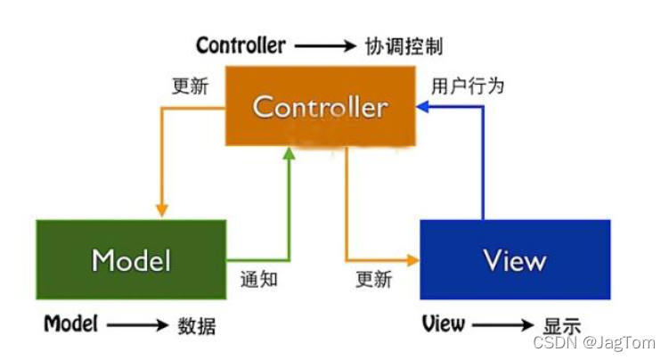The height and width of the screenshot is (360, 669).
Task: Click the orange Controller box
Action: [x=319, y=108]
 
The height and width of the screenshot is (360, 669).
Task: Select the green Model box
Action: [x=131, y=259]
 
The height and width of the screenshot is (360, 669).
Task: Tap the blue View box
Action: [x=515, y=259]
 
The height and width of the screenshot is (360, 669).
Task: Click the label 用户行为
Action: [x=468, y=86]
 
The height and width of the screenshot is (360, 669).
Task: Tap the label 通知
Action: [x=259, y=279]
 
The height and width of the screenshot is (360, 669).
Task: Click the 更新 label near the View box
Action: [x=374, y=279]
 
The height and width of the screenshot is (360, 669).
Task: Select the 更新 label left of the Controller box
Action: [x=190, y=86]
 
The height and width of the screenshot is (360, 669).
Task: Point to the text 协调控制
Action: [x=404, y=45]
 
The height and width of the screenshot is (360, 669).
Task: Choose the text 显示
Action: [x=562, y=325]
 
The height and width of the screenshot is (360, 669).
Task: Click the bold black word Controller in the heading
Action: [x=241, y=45]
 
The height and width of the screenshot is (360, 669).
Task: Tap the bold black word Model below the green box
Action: [x=70, y=323]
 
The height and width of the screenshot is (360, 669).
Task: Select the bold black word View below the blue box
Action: [x=444, y=323]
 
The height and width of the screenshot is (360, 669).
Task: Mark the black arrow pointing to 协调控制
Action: [x=325, y=45]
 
